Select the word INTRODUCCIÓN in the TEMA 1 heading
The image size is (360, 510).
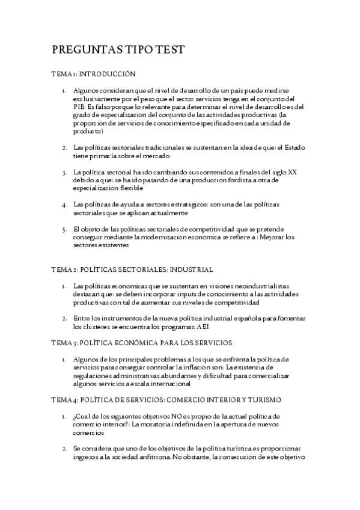pos(107,75)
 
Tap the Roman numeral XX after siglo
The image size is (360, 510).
pos(292,172)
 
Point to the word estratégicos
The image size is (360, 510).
pos(188,204)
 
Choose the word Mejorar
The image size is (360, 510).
pos(276,237)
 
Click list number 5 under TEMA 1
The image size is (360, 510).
pos(64,229)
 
